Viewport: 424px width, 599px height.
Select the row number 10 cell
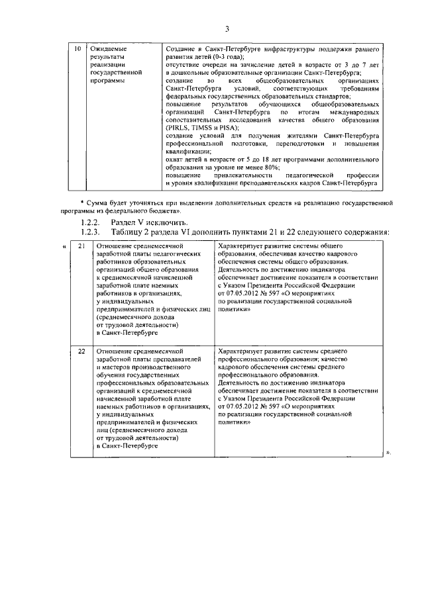click(x=77, y=50)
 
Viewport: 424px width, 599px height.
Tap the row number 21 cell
click(x=81, y=246)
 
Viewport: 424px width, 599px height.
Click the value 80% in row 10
click(x=286, y=168)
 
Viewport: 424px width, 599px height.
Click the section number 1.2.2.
click(x=89, y=222)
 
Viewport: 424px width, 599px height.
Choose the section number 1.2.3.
click(x=89, y=231)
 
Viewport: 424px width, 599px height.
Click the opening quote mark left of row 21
click(x=64, y=246)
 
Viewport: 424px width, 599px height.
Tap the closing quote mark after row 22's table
click(x=388, y=453)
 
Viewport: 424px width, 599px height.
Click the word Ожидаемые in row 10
click(x=107, y=50)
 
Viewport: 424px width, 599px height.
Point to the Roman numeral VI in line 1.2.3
click(x=176, y=231)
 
